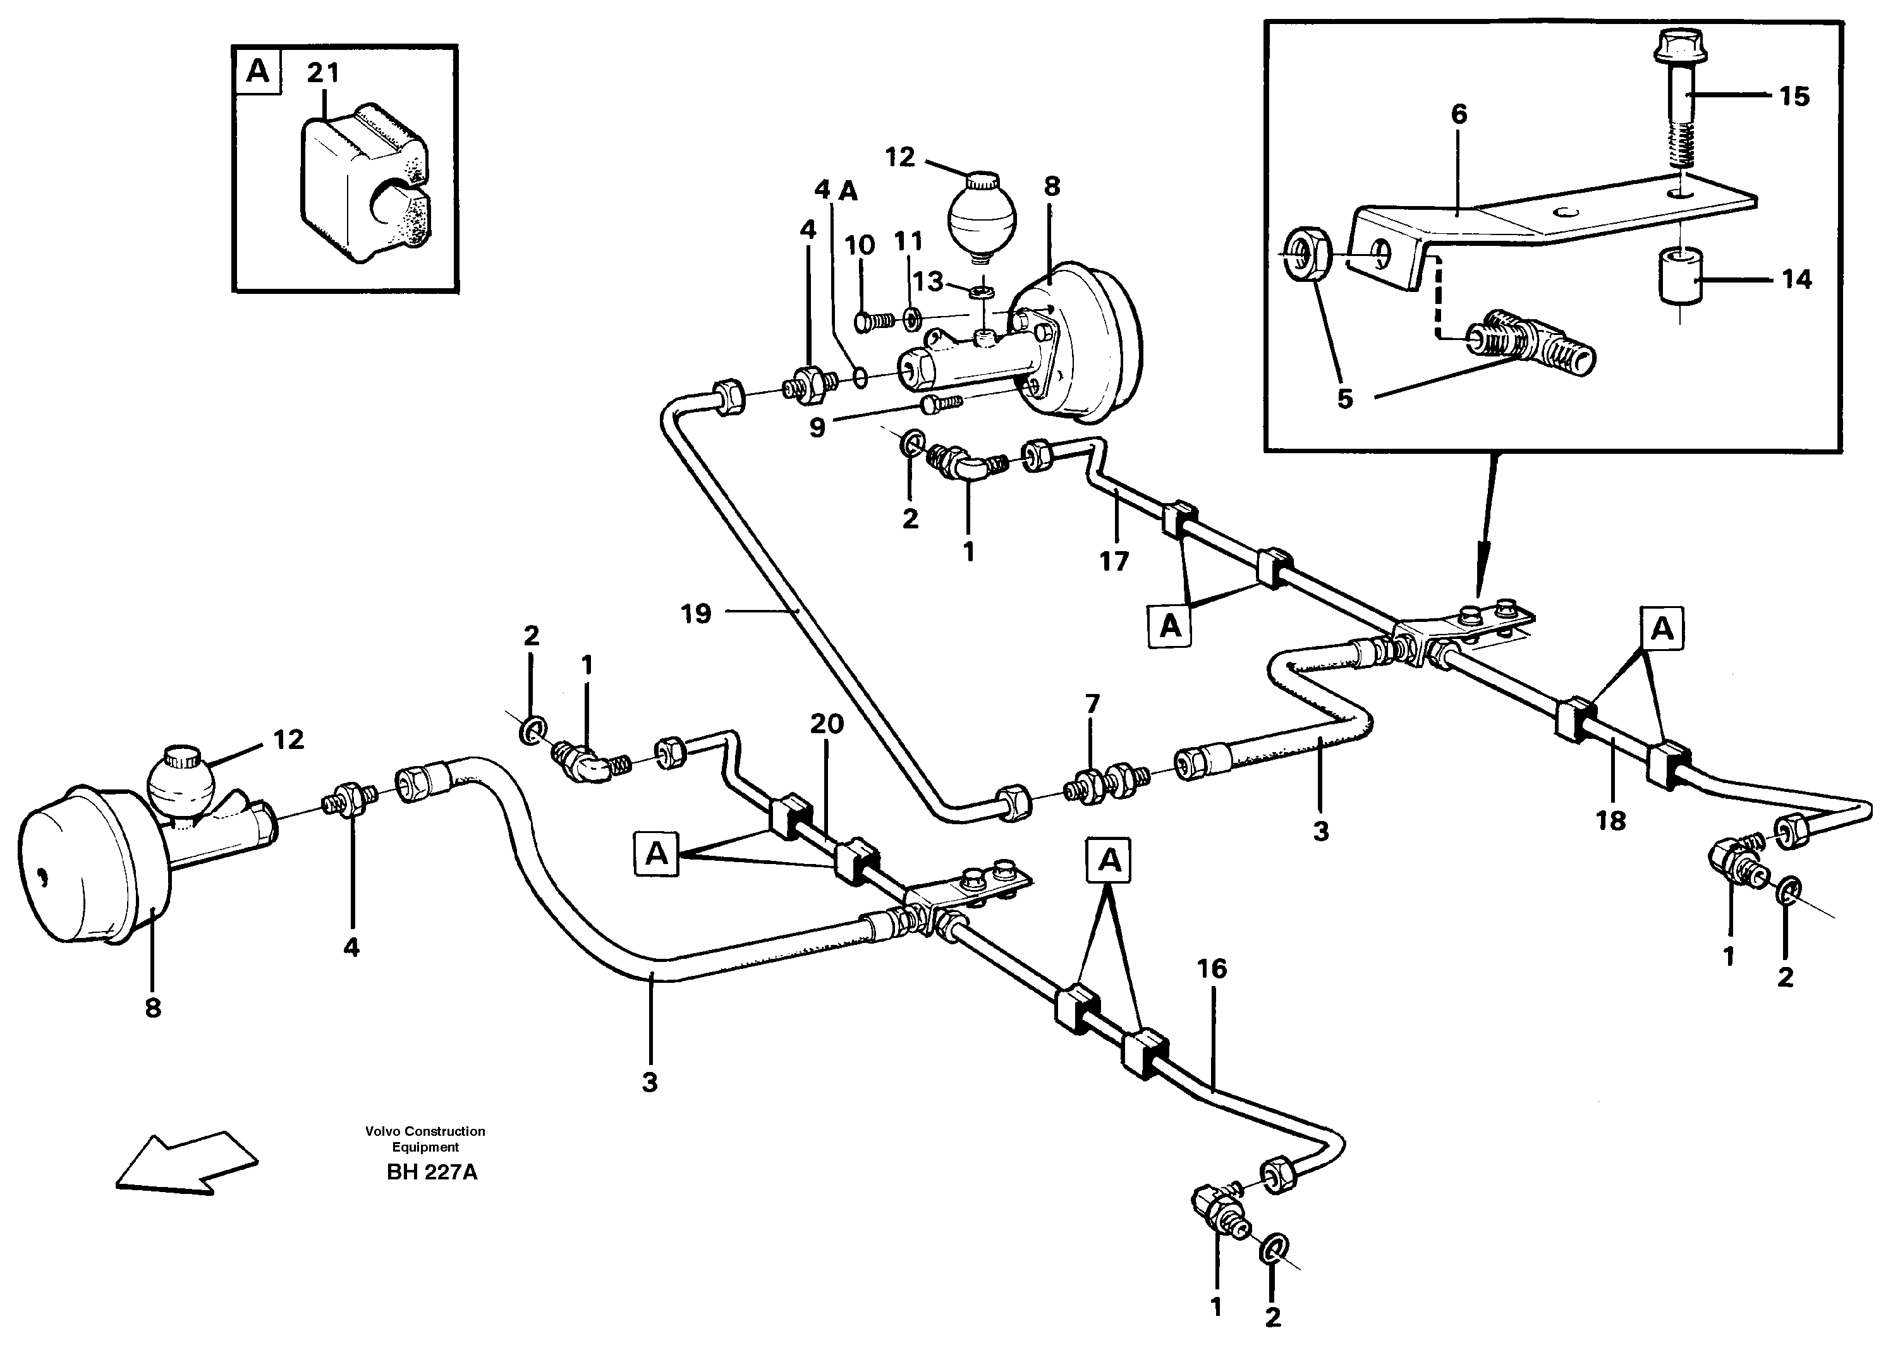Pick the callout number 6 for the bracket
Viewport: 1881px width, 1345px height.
(x=1459, y=114)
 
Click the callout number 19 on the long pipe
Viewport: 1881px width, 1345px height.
(x=696, y=614)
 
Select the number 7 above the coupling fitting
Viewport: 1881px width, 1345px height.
(x=1092, y=704)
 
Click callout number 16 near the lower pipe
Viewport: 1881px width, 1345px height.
(x=1212, y=968)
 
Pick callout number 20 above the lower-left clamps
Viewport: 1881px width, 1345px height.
(x=826, y=724)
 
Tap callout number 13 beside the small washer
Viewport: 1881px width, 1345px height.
(x=928, y=282)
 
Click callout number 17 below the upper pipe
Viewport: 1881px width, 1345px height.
(x=1114, y=561)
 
